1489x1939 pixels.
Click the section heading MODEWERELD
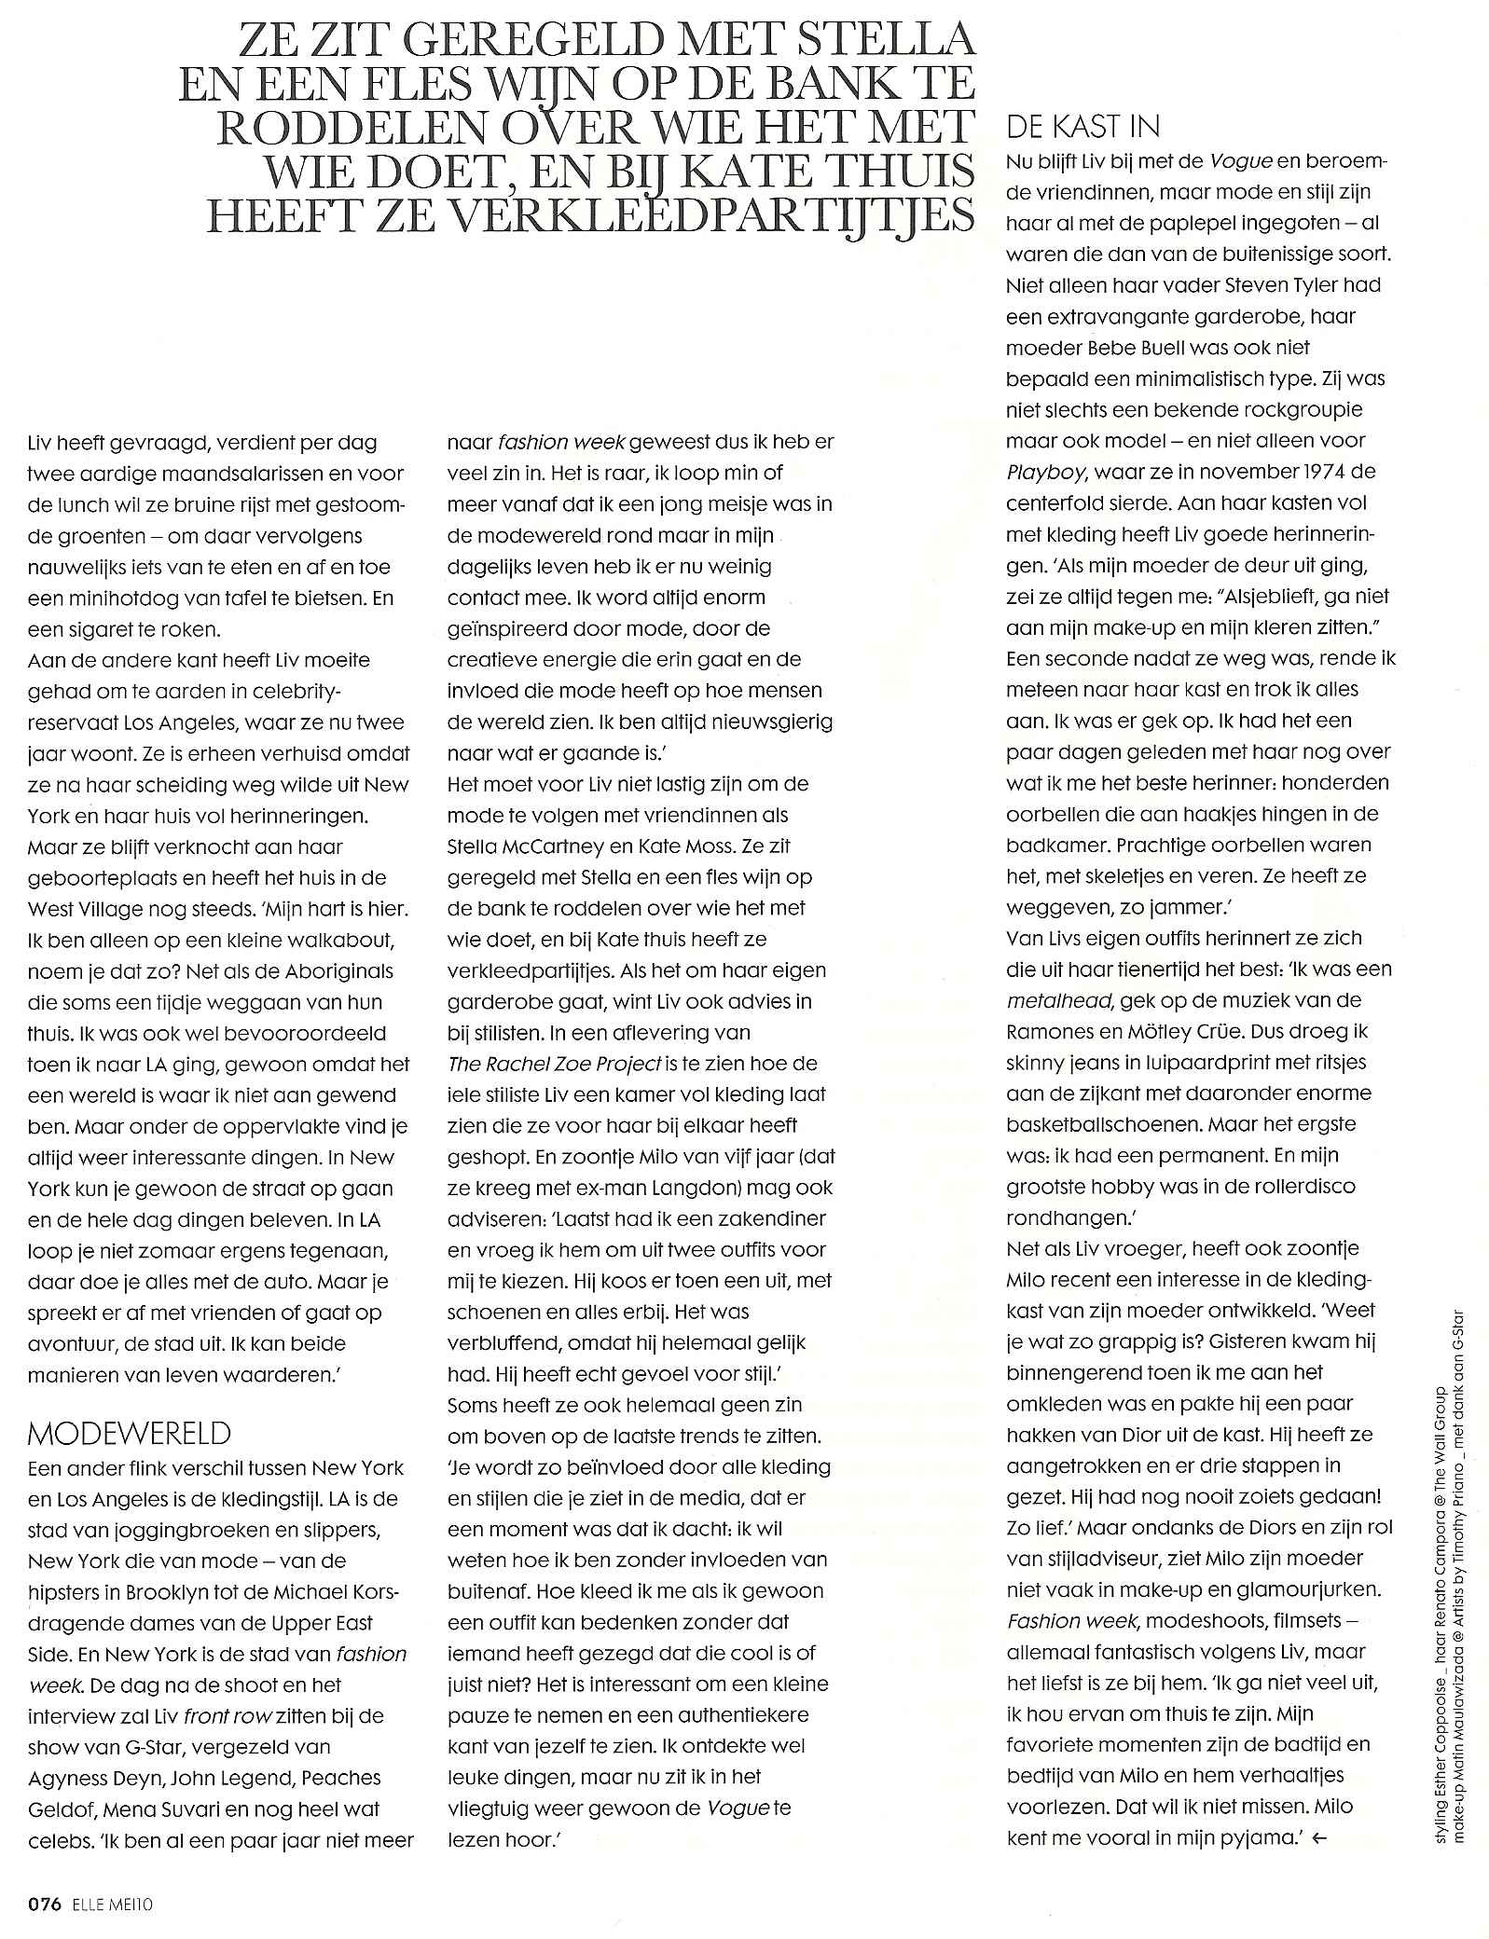point(130,1432)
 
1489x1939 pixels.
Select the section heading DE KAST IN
point(1082,126)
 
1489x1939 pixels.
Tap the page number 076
point(43,1905)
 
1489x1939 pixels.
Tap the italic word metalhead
point(1060,1000)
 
